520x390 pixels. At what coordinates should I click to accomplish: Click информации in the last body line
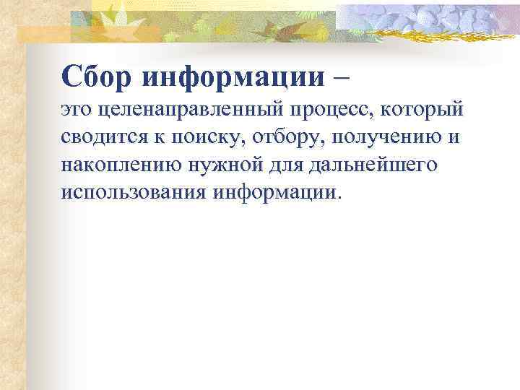pyautogui.click(x=275, y=192)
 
